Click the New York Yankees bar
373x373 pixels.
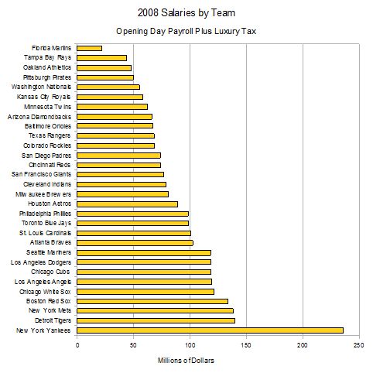click(210, 330)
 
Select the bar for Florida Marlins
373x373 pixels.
click(89, 48)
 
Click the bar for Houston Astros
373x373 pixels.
click(127, 204)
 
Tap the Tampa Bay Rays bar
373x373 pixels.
click(101, 58)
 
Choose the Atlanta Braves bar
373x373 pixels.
click(135, 242)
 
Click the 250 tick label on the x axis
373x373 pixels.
click(358, 345)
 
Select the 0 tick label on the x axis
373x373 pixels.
click(77, 345)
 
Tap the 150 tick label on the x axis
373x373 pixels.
click(246, 345)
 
